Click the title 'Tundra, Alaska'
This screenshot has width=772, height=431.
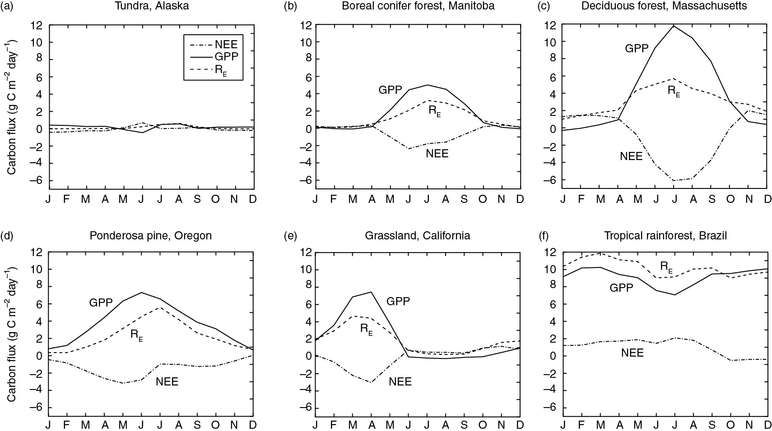tap(151, 6)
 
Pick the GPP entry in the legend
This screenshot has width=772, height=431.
tap(227, 57)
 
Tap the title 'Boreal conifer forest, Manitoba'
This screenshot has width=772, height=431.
tap(418, 6)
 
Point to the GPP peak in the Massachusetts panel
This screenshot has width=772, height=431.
tap(674, 26)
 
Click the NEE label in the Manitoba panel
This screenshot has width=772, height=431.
tap(437, 153)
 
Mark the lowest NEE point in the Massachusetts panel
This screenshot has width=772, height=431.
tap(674, 181)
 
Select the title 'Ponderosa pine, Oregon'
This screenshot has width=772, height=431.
tap(151, 235)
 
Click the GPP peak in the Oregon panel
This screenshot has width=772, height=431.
tap(142, 293)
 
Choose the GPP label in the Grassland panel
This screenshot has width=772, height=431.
tap(398, 301)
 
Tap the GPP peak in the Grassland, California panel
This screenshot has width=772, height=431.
tap(371, 292)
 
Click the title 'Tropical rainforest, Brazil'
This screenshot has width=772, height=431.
tap(665, 235)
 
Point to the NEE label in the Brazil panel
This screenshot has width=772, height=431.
tap(632, 353)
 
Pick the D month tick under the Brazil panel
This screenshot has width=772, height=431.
tap(767, 425)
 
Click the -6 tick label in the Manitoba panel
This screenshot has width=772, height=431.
tap(303, 180)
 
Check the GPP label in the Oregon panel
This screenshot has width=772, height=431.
tap(100, 303)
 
